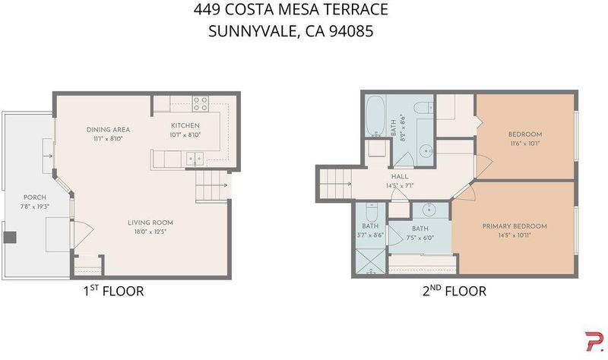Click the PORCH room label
click(35, 197)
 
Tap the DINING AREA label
click(108, 130)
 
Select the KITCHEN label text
click(185, 125)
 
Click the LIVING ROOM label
click(150, 223)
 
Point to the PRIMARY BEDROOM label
click(515, 226)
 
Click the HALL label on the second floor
click(400, 177)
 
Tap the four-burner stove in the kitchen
click(201, 104)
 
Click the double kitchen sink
click(195, 159)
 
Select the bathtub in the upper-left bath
click(375, 116)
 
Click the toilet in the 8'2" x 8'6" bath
click(423, 107)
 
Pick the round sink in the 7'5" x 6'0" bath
click(429, 210)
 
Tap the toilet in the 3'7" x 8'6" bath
click(372, 210)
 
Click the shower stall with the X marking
click(370, 262)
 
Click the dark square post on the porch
click(10, 237)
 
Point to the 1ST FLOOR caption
click(113, 291)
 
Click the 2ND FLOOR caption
click(454, 291)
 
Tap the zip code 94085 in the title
click(351, 31)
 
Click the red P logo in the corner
click(594, 342)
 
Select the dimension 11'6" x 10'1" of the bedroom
click(525, 144)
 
